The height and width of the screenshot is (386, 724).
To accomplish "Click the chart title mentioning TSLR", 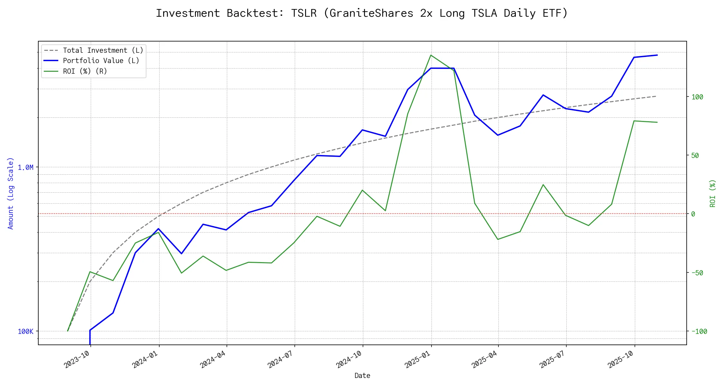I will [362, 13].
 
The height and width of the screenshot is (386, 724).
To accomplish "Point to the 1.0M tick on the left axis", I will [25, 167].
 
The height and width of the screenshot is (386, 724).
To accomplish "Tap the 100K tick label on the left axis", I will [25, 331].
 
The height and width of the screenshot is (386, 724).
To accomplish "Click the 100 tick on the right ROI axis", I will [697, 97].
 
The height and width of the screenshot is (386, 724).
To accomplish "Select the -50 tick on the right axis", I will [697, 273].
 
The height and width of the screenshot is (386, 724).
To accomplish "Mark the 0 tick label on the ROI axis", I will [693, 214].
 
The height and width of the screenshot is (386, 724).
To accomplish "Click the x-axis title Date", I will [362, 376].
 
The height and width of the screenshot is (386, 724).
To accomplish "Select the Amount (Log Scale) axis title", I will [11, 193].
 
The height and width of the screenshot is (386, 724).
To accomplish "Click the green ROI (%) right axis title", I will [713, 193].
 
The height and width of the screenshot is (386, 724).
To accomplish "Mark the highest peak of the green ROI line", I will [431, 55].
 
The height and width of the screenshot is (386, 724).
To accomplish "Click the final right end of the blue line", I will [657, 55].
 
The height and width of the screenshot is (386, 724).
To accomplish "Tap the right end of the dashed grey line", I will [656, 96].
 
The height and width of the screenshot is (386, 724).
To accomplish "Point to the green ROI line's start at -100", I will [68, 331].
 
